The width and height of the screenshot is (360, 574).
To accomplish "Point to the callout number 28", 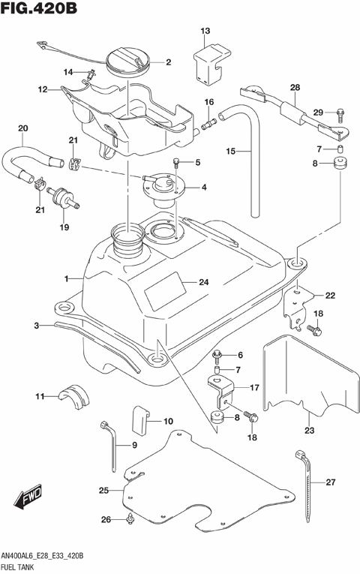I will (295, 88).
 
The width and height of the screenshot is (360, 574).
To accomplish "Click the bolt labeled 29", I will (339, 114).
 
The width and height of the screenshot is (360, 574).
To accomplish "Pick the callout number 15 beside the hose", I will (232, 151).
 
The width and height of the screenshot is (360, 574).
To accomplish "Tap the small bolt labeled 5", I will (176, 161).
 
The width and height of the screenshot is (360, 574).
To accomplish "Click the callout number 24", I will (202, 283).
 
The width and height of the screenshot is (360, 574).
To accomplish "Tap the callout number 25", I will (104, 491).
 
